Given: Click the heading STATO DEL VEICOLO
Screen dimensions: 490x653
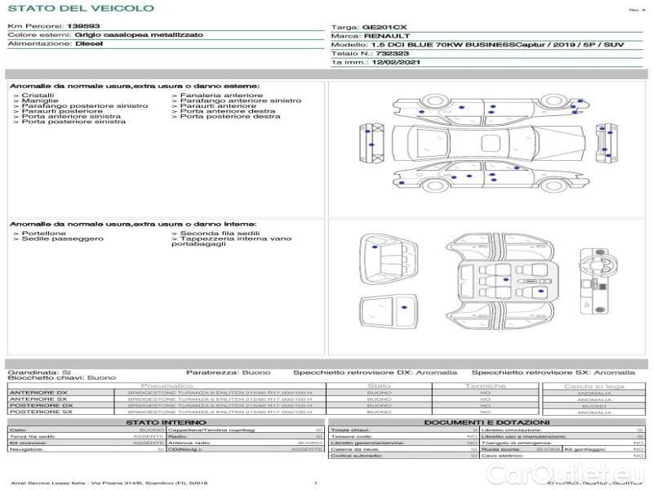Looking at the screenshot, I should coord(80,8).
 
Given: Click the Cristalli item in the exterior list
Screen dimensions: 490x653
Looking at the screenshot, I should coord(38,96).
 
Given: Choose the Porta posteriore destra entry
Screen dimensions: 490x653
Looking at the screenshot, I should coord(229,117).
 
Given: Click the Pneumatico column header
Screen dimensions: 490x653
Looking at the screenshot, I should coord(167,385).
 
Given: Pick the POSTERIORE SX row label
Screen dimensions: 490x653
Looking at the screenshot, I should coord(40,412).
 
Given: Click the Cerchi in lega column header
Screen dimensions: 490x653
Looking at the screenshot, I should coord(593,385).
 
